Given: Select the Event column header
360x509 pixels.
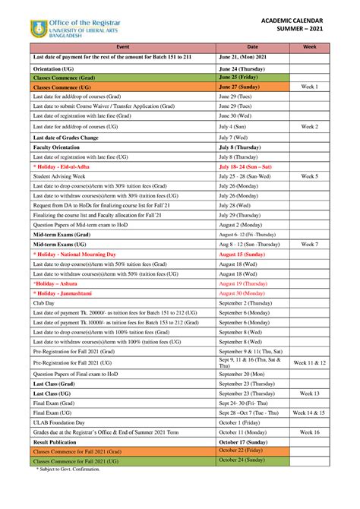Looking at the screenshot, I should click(x=122, y=47).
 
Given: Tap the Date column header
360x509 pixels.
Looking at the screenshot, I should click(x=252, y=47).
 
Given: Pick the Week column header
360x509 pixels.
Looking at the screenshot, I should click(x=310, y=47).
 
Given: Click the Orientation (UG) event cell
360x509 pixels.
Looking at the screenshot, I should click(x=52, y=68).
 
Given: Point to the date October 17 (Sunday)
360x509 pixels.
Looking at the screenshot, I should click(x=245, y=441).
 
